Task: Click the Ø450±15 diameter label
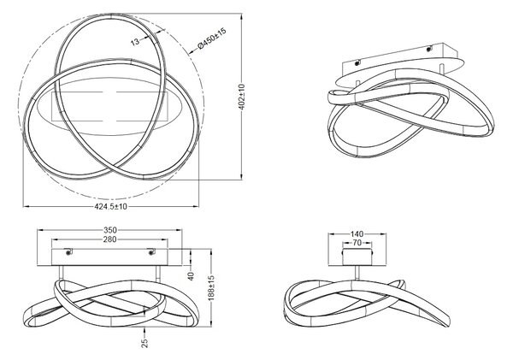pyautogui.click(x=212, y=38)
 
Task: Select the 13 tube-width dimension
pyautogui.click(x=135, y=42)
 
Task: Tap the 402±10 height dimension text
pyautogui.click(x=242, y=97)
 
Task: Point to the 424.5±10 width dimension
pyautogui.click(x=111, y=207)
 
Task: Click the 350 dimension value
pyautogui.click(x=110, y=230)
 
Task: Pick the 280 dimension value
pyautogui.click(x=109, y=239)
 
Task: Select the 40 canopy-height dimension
pyautogui.click(x=191, y=276)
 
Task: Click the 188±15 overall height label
pyautogui.click(x=212, y=288)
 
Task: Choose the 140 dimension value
pyautogui.click(x=357, y=234)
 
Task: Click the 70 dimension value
pyautogui.click(x=357, y=243)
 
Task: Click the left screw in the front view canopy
pyautogui.click(x=68, y=252)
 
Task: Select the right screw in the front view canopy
pyautogui.click(x=152, y=252)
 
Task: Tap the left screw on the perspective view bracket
pyautogui.click(x=357, y=62)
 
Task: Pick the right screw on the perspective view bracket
pyautogui.click(x=429, y=49)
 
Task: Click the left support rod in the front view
pyautogui.click(x=61, y=273)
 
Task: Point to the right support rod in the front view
pyautogui.click(x=158, y=273)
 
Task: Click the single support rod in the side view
pyautogui.click(x=357, y=273)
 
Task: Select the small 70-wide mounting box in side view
pyautogui.click(x=357, y=257)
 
